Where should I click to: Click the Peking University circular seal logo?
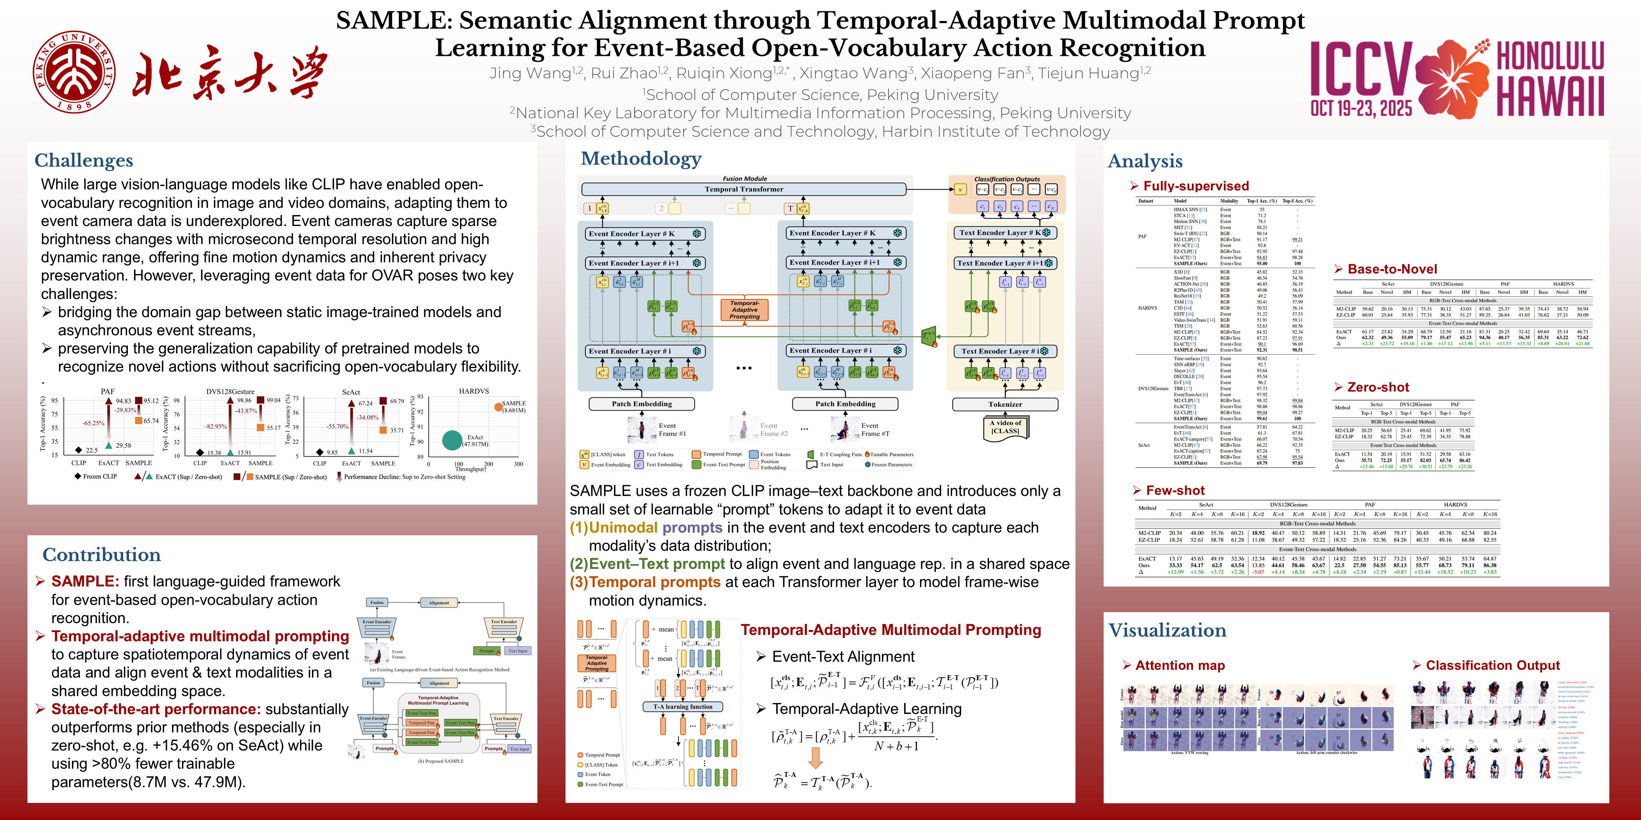[x=74, y=71]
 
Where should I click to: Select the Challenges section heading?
[x=83, y=161]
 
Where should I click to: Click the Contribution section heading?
[x=101, y=554]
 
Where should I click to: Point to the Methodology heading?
[x=641, y=158]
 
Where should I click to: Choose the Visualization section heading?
[x=1167, y=630]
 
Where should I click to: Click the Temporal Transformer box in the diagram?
[x=744, y=189]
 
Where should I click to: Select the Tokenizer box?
[x=1005, y=404]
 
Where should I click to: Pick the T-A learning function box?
[x=682, y=707]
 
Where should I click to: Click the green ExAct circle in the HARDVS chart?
[x=452, y=440]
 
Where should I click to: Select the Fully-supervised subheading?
[x=1196, y=186]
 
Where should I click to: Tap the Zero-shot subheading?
[x=1378, y=387]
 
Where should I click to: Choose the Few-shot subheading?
[x=1175, y=490]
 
